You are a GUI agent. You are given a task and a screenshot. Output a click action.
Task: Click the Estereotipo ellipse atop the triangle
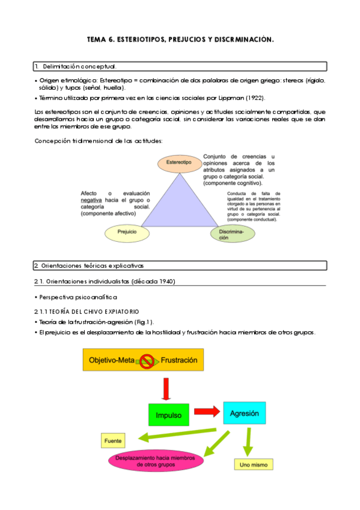(178, 162)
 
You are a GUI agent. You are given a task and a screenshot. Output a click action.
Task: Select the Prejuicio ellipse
(127, 232)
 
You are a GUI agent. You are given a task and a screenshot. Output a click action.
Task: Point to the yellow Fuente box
(113, 441)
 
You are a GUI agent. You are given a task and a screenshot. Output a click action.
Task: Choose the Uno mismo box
(252, 465)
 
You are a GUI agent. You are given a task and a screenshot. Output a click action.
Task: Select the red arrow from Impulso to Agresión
(206, 412)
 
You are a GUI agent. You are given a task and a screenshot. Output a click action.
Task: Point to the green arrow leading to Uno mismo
(246, 444)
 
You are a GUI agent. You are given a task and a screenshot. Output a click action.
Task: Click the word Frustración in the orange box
(178, 360)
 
